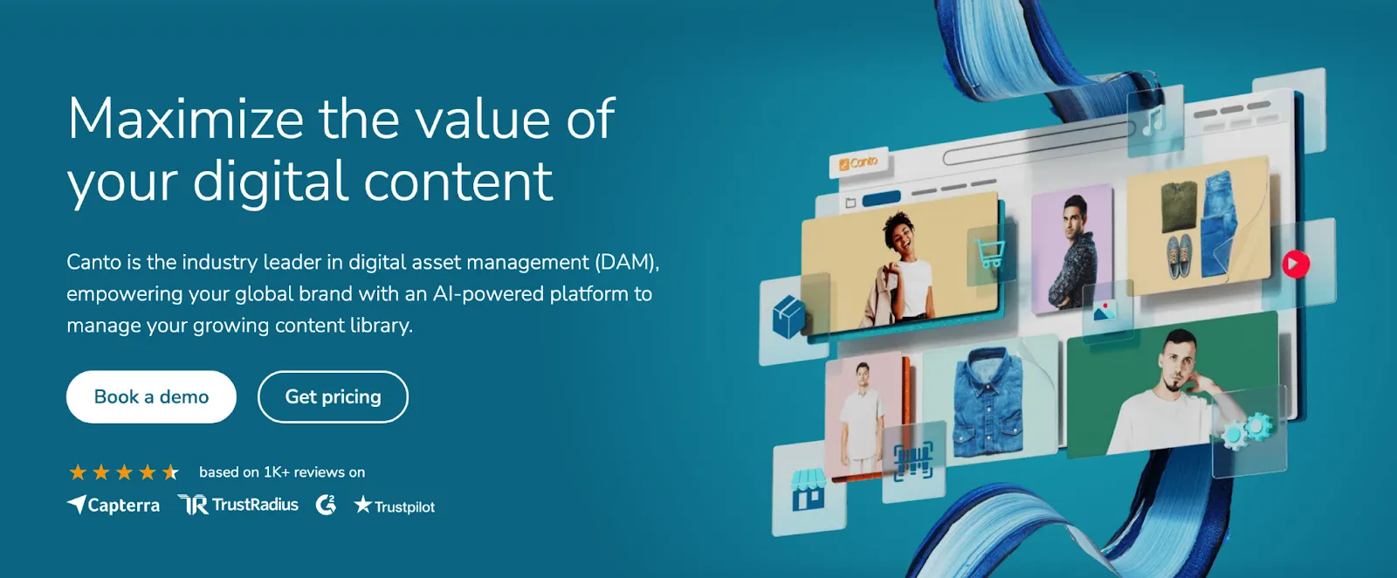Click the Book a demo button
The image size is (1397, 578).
tap(151, 397)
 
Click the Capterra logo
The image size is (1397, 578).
tap(114, 506)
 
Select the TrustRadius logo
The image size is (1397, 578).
tap(238, 505)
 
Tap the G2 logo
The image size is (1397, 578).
tap(326, 505)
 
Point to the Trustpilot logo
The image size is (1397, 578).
tap(395, 506)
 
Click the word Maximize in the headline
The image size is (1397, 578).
tap(185, 119)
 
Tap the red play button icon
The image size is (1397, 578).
tap(1296, 263)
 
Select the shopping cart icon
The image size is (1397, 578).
tap(989, 254)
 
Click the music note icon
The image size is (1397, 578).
tap(1154, 120)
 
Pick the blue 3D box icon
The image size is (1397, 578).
tap(788, 316)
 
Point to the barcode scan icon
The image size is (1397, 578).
tap(913, 460)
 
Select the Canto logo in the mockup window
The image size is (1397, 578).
tap(858, 162)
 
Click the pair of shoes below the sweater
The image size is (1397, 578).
tap(1180, 254)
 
